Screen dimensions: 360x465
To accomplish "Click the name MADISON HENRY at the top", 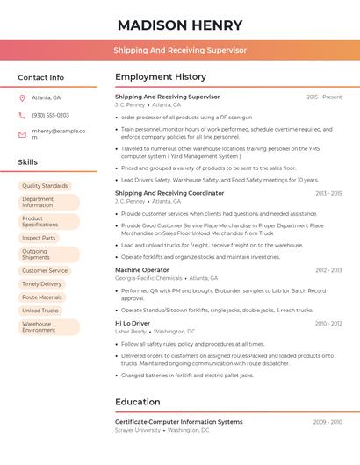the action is (180, 25).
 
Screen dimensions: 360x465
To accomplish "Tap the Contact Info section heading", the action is (41, 77).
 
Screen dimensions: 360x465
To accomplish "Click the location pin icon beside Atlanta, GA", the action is (22, 97).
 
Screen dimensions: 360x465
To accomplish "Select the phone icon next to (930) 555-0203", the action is (22, 115).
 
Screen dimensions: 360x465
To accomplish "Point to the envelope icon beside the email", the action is (22, 133).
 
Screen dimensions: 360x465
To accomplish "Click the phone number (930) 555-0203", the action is (50, 115).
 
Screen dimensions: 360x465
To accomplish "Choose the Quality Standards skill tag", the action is (45, 186).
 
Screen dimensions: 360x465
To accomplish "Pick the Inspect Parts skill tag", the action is (39, 238).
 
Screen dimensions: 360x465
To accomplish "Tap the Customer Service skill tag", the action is (45, 271).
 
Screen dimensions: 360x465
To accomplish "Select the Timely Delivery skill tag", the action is (42, 284).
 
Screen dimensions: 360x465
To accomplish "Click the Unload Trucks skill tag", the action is (40, 311).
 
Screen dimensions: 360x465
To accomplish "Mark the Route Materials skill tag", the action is (42, 297).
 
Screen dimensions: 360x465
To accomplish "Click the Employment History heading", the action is (161, 77).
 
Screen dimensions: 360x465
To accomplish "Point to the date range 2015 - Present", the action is (324, 97).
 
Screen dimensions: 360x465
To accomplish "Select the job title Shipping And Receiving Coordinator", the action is (169, 193).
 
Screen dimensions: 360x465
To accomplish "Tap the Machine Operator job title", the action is (142, 270).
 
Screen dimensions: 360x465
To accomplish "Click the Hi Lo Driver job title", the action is (133, 323).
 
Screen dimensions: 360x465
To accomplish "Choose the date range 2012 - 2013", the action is (328, 270).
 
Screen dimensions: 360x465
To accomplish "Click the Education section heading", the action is (138, 402).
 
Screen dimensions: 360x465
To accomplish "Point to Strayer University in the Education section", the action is (138, 431).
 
